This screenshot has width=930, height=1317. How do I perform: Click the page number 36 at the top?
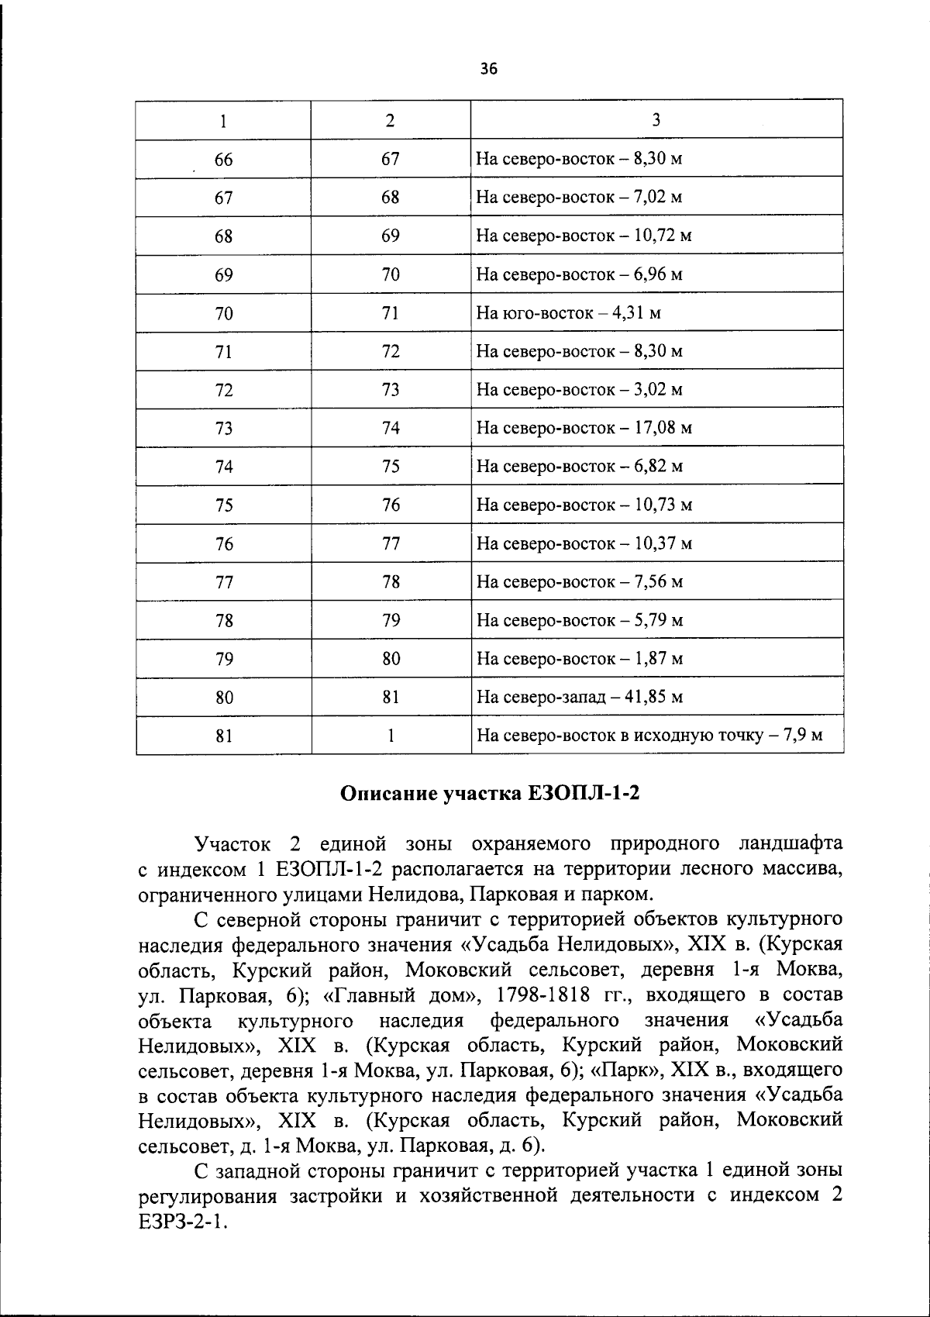(x=488, y=69)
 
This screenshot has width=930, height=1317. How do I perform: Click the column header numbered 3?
(x=656, y=120)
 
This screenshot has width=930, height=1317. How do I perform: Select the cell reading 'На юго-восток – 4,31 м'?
(x=568, y=313)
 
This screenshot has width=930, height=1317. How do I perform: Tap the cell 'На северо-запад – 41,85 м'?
(x=579, y=697)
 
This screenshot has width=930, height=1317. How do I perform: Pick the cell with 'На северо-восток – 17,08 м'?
(x=584, y=428)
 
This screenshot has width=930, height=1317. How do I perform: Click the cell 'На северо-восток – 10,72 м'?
(x=584, y=236)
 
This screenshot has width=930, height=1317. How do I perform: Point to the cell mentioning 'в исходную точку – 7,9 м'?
(x=649, y=735)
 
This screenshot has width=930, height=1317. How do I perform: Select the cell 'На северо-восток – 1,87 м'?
(x=579, y=659)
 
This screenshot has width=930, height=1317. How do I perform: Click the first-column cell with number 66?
(x=223, y=160)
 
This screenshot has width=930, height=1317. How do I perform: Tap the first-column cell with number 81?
(x=223, y=736)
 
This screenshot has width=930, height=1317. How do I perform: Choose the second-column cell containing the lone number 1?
(x=391, y=736)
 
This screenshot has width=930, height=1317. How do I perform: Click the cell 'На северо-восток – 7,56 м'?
(x=579, y=582)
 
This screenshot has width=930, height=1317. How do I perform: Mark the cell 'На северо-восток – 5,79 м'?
(x=579, y=620)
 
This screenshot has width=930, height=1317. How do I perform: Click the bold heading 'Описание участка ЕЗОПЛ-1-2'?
(x=491, y=794)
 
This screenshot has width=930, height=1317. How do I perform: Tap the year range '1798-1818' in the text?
(x=543, y=995)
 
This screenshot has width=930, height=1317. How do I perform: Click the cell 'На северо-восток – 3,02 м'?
(x=579, y=390)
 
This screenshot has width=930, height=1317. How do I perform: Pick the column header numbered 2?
(x=390, y=120)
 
